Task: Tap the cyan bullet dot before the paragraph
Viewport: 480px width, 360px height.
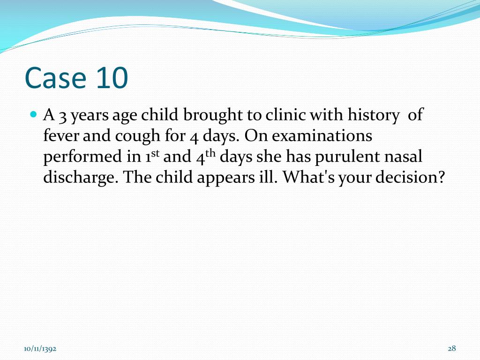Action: [33, 114]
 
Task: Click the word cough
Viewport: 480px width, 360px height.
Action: [131, 137]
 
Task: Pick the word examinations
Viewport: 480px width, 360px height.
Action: [322, 136]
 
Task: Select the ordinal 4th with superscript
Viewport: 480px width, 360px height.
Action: [205, 157]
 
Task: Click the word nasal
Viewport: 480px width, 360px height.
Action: [404, 157]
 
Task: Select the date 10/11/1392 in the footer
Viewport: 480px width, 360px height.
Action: [40, 348]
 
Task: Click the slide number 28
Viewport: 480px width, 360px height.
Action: [452, 348]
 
